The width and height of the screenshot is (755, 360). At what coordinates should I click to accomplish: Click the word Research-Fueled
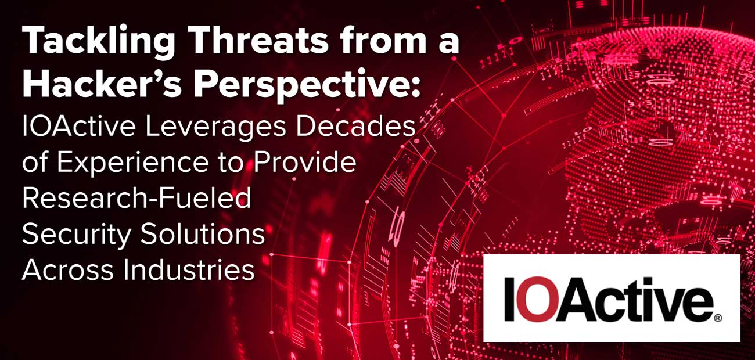point(137,199)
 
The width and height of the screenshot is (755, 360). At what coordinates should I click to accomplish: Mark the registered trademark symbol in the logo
point(718,318)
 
